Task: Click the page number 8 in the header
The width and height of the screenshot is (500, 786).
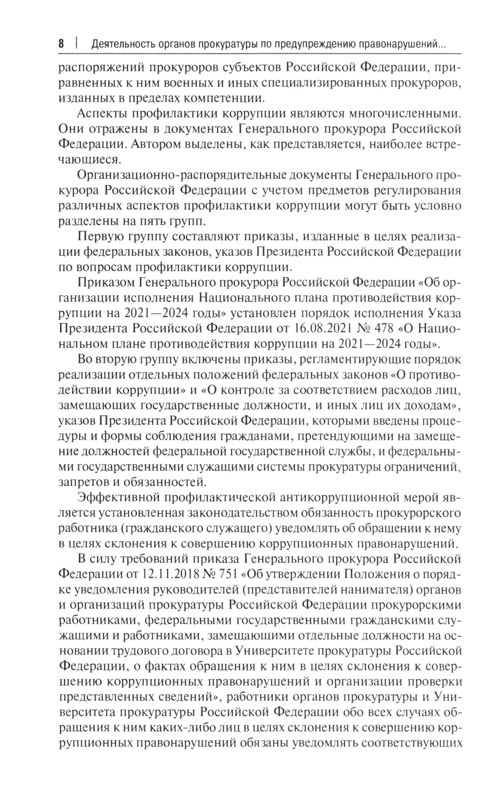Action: [x=61, y=44]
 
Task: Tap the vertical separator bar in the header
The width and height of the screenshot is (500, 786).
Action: [x=77, y=44]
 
